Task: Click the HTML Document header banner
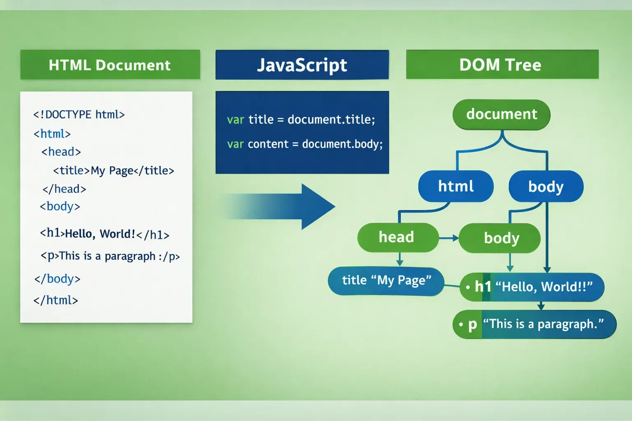click(x=110, y=65)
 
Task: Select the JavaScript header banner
click(x=302, y=65)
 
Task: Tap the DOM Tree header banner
click(x=502, y=65)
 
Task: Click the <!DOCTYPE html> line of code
click(x=79, y=114)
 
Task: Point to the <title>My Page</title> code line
click(x=114, y=171)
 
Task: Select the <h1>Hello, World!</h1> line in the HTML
click(x=105, y=234)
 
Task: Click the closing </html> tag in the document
click(x=56, y=300)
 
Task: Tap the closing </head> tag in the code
click(x=64, y=189)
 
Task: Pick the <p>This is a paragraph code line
click(x=110, y=256)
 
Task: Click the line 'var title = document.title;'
click(x=301, y=120)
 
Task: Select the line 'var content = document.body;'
click(x=304, y=144)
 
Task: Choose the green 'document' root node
click(x=501, y=114)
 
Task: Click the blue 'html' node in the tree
click(x=455, y=186)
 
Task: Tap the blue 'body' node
click(x=546, y=186)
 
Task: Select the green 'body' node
click(x=499, y=238)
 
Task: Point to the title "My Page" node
click(x=386, y=281)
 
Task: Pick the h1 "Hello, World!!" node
click(x=532, y=287)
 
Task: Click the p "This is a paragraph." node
click(x=534, y=324)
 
